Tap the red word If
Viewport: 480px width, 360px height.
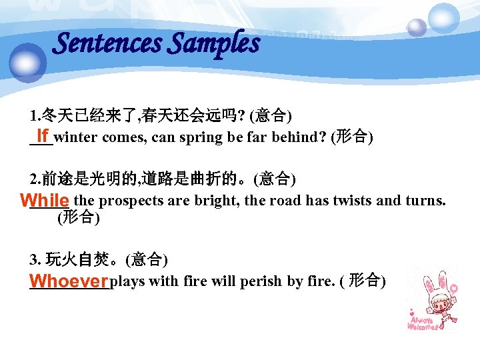(x=43, y=136)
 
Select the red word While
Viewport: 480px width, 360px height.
(x=45, y=200)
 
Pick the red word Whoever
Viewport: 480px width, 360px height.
(x=69, y=280)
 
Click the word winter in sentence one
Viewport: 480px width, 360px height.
(x=74, y=138)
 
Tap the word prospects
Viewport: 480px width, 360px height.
(x=129, y=201)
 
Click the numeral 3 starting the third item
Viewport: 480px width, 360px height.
(x=33, y=259)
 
